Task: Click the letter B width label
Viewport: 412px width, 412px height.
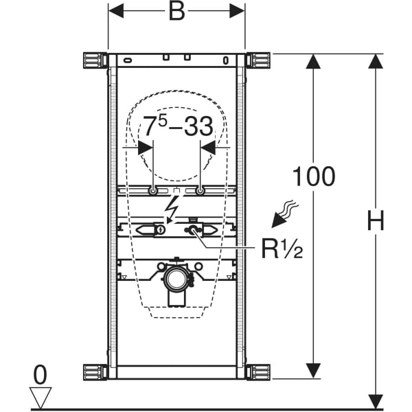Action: click(x=176, y=12)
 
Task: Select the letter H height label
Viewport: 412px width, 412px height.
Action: click(x=375, y=221)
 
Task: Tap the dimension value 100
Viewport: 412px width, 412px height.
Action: click(x=314, y=176)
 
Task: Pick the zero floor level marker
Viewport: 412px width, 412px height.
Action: click(x=41, y=374)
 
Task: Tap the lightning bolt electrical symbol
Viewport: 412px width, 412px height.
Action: click(x=174, y=205)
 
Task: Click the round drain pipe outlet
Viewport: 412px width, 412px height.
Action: click(x=176, y=277)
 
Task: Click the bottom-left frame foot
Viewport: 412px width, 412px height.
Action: click(x=93, y=374)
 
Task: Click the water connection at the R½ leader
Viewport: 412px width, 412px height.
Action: click(x=194, y=230)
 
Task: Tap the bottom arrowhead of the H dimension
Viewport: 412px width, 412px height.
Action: click(x=375, y=400)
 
